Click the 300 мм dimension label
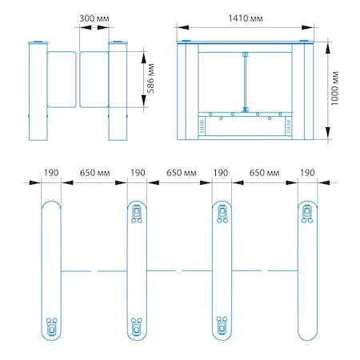pyautogui.click(x=94, y=18)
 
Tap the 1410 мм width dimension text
pyautogui.click(x=246, y=18)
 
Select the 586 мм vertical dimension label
pyautogui.click(x=150, y=78)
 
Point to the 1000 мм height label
pyautogui.click(x=334, y=88)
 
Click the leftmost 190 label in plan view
pyautogui.click(x=51, y=173)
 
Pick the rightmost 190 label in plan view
pyautogui.click(x=307, y=173)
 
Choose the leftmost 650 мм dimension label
pyautogui.click(x=94, y=173)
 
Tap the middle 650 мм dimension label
pyautogui.click(x=182, y=173)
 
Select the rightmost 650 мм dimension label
pyautogui.click(x=264, y=173)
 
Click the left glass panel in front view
pyautogui.click(x=62, y=79)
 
